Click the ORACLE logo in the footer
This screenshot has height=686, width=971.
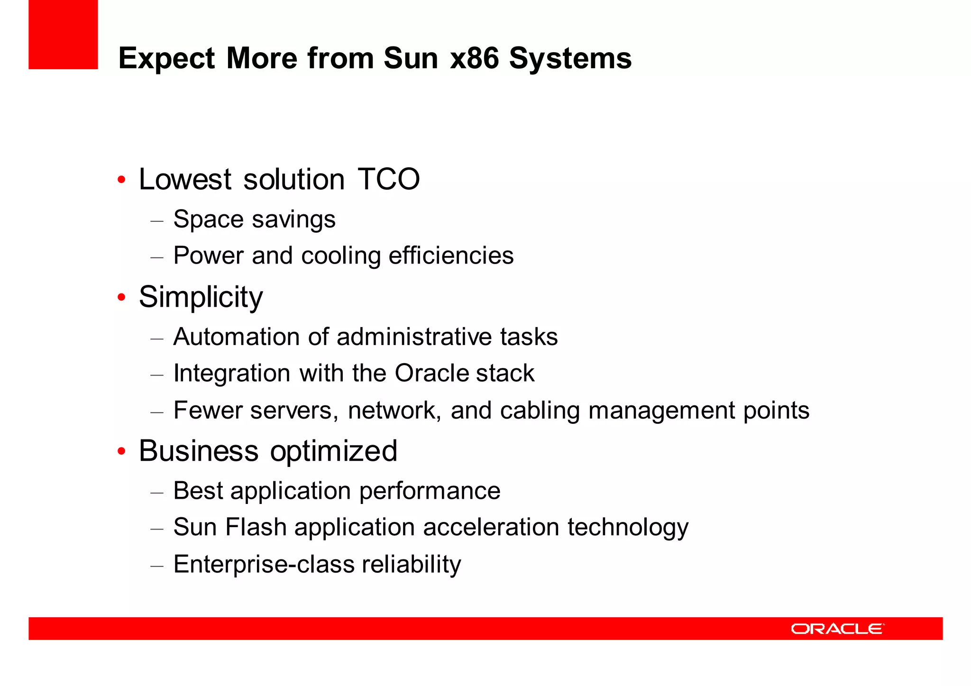(837, 629)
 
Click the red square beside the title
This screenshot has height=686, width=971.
(63, 35)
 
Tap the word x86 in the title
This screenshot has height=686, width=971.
(474, 58)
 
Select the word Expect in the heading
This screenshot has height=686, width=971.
(167, 59)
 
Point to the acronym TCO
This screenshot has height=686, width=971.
(388, 179)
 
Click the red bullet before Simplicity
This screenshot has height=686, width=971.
(122, 297)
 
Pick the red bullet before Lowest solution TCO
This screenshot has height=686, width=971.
(122, 180)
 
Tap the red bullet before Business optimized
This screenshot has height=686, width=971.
(122, 451)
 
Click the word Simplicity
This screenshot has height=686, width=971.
(201, 298)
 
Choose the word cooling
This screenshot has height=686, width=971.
(340, 256)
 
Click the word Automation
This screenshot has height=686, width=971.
(237, 337)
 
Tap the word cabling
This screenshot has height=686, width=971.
(540, 411)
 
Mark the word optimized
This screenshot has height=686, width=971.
(333, 451)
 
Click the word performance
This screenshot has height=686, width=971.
(430, 491)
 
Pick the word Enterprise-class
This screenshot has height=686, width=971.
(264, 564)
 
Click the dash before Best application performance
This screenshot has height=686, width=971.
(157, 492)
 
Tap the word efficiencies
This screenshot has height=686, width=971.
(451, 256)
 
